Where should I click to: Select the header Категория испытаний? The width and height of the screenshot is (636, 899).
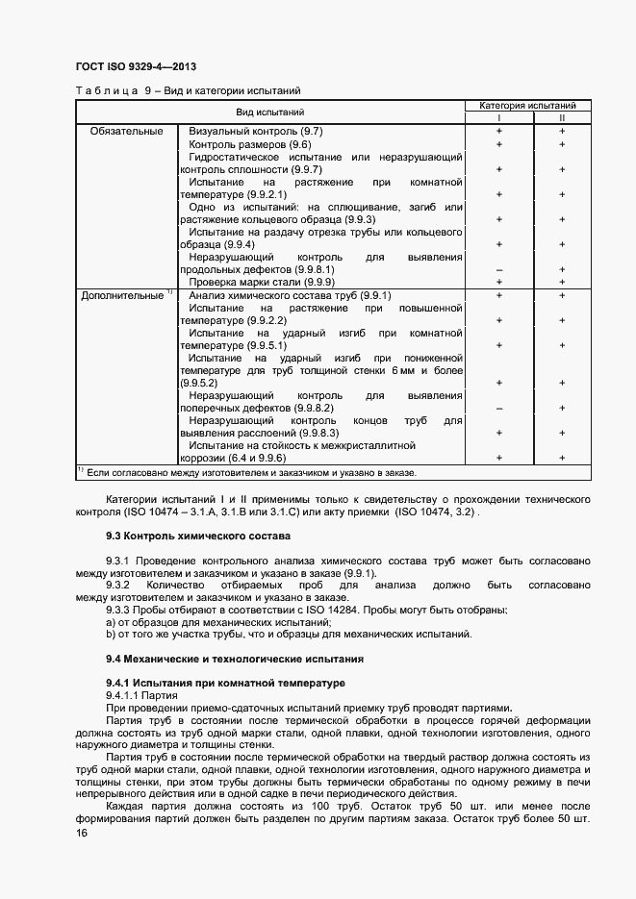[528, 105]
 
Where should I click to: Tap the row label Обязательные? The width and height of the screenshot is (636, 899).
[126, 131]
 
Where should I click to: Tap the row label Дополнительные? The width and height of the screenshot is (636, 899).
[122, 296]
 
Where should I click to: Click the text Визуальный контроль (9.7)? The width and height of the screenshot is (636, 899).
[255, 131]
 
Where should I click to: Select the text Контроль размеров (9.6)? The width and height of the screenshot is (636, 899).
[249, 143]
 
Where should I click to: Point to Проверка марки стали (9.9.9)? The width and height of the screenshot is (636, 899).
[261, 283]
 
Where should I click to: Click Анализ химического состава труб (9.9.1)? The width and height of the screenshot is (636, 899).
[290, 296]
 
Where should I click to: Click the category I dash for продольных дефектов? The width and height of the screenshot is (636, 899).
[498, 270]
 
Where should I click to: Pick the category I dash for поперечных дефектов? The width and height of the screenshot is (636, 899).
[498, 408]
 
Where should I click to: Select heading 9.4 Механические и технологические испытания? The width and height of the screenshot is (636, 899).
[234, 660]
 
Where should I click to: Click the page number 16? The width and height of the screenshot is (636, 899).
[81, 836]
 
